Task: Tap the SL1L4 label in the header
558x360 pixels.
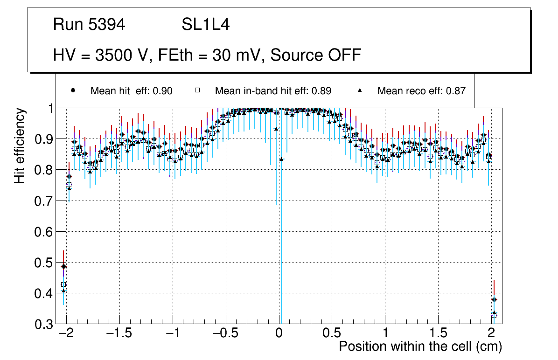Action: coord(205,25)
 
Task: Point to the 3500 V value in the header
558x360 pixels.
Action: coord(122,55)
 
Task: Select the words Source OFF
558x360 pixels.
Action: coord(316,55)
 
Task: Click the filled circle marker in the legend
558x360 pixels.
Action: coord(73,90)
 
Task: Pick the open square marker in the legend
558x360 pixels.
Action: coord(197,90)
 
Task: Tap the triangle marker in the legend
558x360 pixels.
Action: coord(360,90)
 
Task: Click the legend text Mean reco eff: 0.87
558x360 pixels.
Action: coord(421,91)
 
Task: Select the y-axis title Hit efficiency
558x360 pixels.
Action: coord(20,145)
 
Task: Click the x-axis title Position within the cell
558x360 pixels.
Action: coord(420,346)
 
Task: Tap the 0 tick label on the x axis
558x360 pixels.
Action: coord(279,333)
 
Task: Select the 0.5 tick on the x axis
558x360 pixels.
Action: coord(332,333)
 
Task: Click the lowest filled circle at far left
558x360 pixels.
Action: coord(63,266)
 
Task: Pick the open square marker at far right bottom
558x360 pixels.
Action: coord(494,316)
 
